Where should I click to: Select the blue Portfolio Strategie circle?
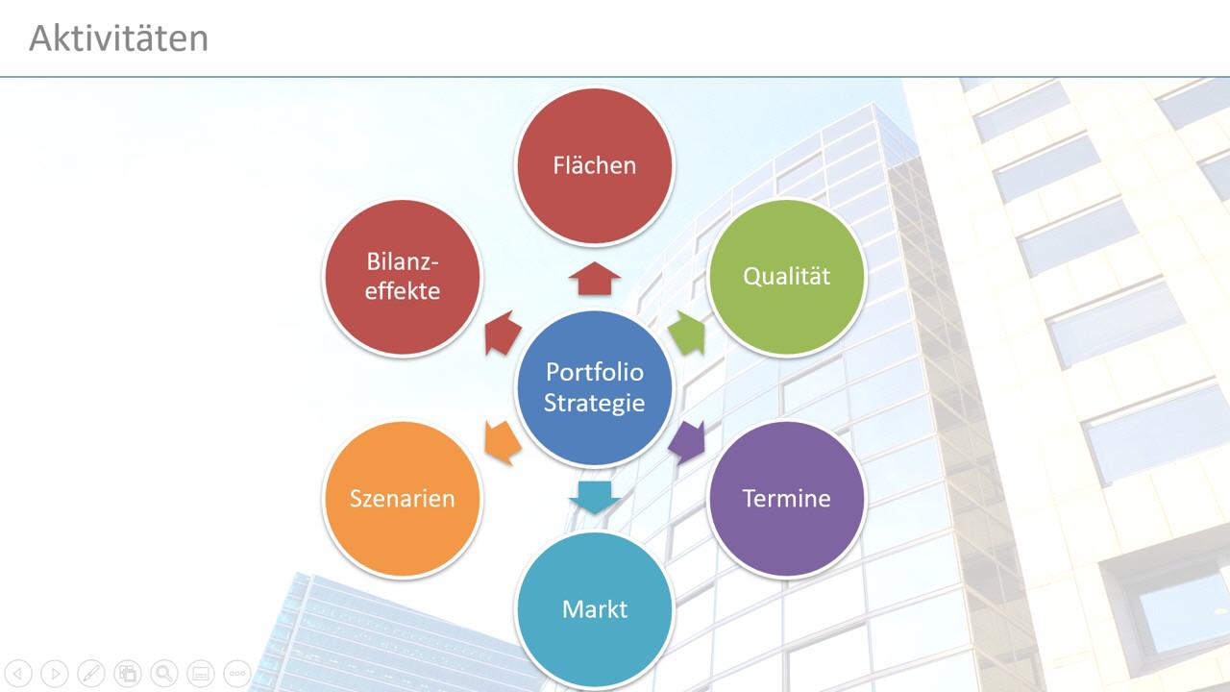(595, 387)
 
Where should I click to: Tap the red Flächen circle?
(595, 165)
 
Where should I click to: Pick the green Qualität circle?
(787, 276)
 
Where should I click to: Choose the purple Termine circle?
(787, 499)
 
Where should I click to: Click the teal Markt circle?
(595, 609)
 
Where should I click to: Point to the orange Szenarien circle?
(403, 499)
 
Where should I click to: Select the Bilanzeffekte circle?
(403, 276)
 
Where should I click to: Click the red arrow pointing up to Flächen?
(595, 278)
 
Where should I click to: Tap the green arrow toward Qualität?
(687, 333)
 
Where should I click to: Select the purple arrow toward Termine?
(687, 443)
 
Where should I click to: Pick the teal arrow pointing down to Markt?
(595, 498)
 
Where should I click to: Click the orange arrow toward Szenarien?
(503, 443)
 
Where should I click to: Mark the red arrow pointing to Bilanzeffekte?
(503, 333)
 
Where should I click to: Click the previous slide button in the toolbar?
(18, 674)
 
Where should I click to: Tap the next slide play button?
(55, 674)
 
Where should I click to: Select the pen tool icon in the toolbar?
(91, 674)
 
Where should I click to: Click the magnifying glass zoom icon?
(164, 674)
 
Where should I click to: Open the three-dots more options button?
(237, 674)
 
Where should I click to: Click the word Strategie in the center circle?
(594, 404)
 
